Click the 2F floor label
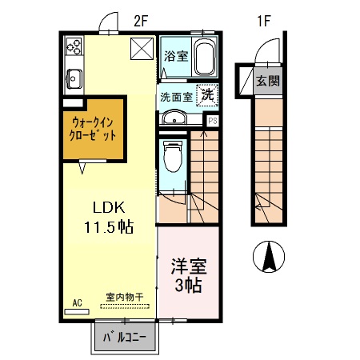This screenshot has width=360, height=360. point(142,22)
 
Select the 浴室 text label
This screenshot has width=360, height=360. point(174,56)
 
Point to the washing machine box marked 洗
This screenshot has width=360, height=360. point(207,95)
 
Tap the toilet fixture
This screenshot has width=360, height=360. point(172,158)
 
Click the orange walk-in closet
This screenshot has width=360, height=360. point(94,129)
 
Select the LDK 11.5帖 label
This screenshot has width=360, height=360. point(106,215)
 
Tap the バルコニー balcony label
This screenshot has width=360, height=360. point(125,337)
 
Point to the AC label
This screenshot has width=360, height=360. point(78,302)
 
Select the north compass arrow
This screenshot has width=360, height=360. point(270,258)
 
